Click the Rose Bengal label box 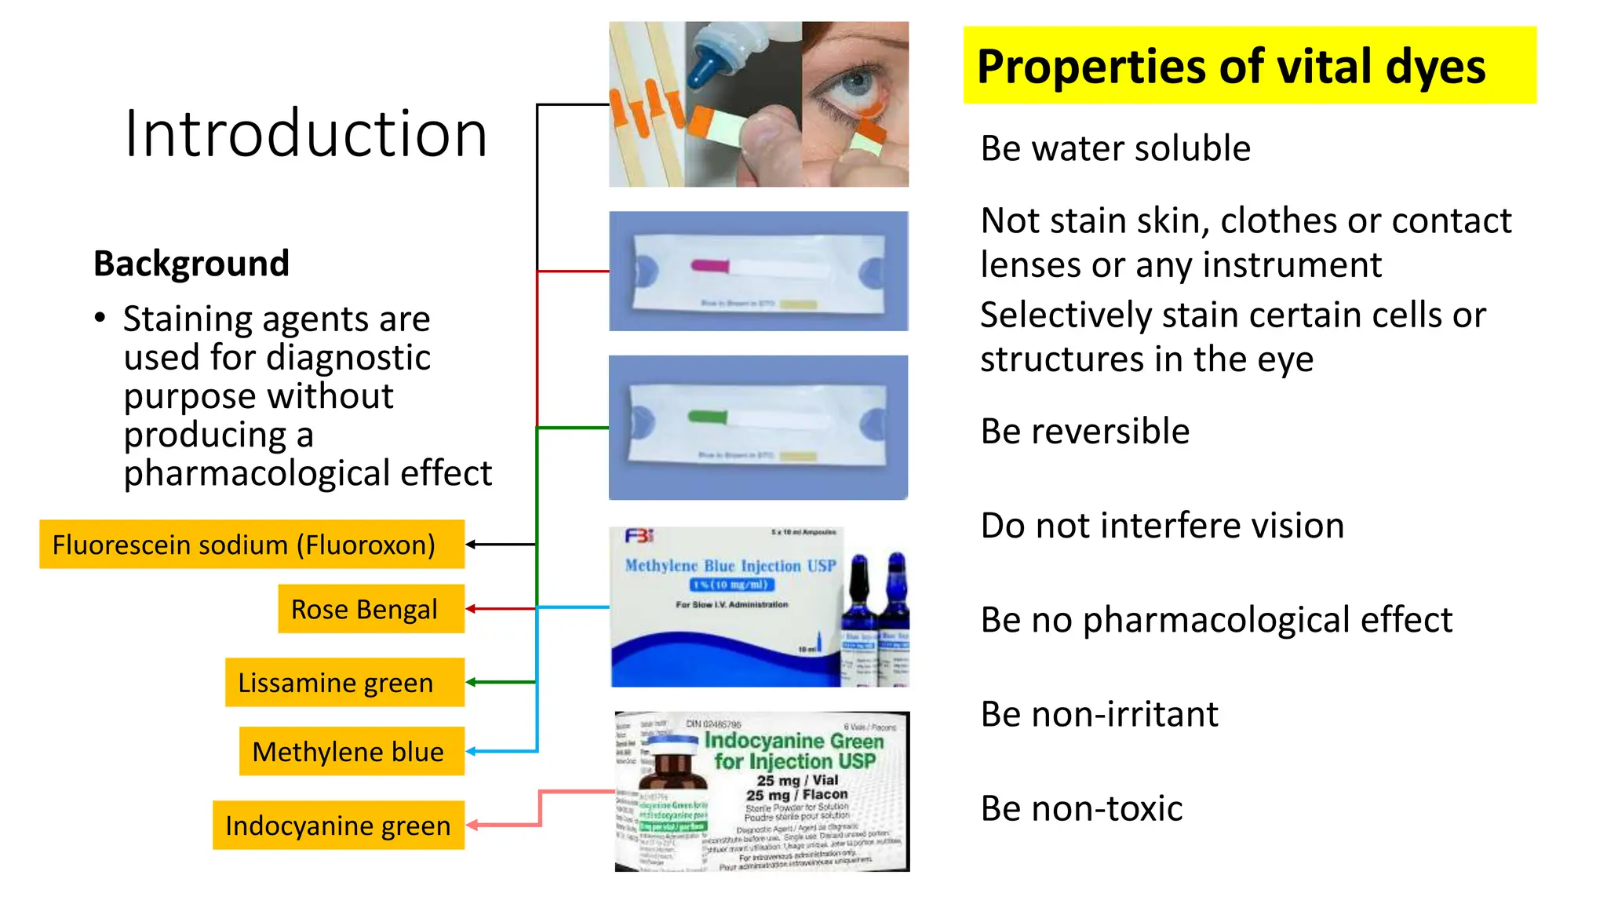[370, 609]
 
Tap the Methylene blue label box [351, 752]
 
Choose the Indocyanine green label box [338, 826]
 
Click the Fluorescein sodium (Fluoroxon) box [251, 545]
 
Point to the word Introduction [306, 133]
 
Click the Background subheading [191, 264]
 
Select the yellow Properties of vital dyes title [1248, 66]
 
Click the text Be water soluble [1115, 149]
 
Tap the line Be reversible [1084, 432]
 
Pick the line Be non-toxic [1081, 808]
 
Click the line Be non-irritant [1099, 714]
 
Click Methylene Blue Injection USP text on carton [730, 566]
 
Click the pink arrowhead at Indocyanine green [473, 825]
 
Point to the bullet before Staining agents [100, 319]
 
